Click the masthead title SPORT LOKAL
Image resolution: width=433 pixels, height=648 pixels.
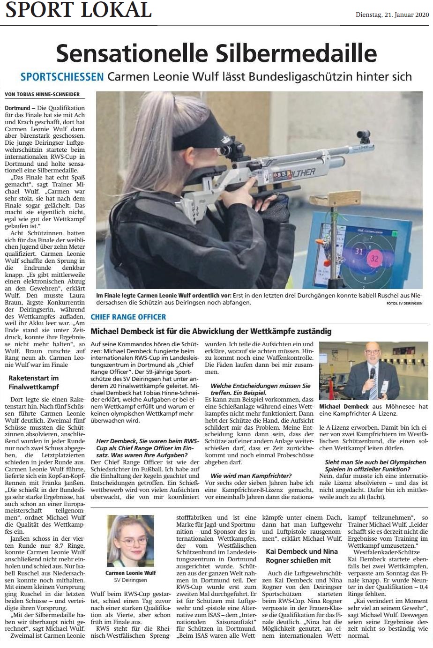pos(78,10)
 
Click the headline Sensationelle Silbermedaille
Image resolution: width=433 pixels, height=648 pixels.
pos(216,53)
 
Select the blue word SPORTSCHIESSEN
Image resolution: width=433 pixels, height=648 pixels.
pos(62,77)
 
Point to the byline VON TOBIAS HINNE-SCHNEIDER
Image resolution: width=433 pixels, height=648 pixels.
pos(42,94)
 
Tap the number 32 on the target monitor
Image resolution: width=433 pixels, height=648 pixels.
pos(374,258)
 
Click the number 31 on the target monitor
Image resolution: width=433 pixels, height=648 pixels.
pos(359,251)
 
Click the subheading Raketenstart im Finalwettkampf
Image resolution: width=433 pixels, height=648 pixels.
pos(34,382)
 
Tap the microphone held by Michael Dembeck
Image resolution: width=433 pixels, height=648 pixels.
pos(373,373)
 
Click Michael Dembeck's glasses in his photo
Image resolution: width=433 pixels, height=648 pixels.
pos(373,351)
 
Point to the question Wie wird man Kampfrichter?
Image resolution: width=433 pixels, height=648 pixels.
pos(251,476)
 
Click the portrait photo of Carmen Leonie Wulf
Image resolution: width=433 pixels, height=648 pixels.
pos(130,541)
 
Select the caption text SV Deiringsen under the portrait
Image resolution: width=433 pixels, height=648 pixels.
pos(130,580)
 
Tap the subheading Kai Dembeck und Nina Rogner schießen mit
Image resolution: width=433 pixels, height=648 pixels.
pos(299,556)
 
